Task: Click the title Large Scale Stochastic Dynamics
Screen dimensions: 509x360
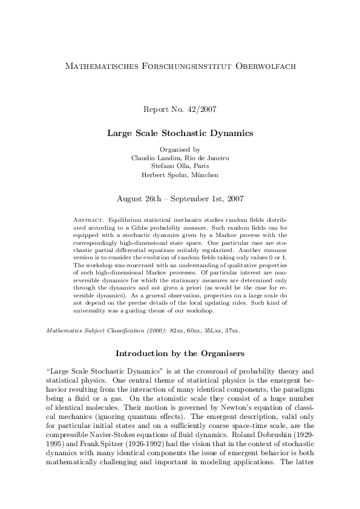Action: tap(180, 132)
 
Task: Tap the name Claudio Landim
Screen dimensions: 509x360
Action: tap(153, 157)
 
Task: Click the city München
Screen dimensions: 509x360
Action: tap(204, 175)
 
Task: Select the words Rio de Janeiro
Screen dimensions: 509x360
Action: tap(206, 157)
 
